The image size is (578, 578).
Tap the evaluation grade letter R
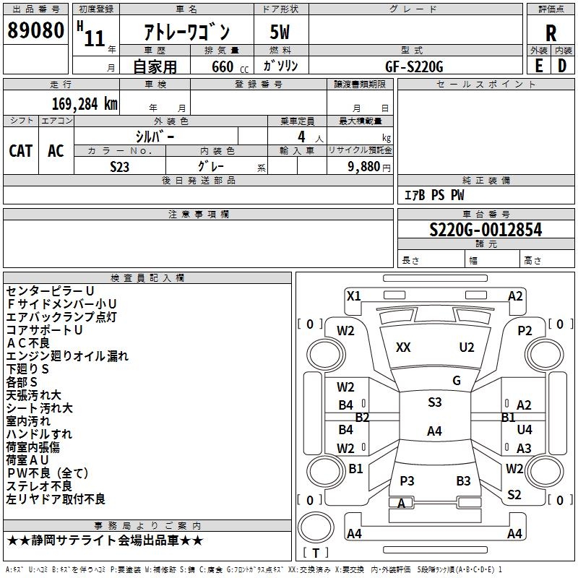click(x=551, y=33)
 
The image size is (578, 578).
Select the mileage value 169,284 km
click(x=85, y=103)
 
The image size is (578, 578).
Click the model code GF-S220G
click(x=414, y=66)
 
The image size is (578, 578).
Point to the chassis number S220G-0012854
click(x=486, y=230)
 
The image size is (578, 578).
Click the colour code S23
click(x=120, y=167)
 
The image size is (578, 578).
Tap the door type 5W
click(x=280, y=33)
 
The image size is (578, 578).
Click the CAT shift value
click(x=21, y=150)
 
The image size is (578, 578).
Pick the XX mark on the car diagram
click(x=403, y=348)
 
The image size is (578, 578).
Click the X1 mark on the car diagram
click(x=353, y=296)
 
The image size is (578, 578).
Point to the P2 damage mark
click(x=525, y=330)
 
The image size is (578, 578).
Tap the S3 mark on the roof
click(x=434, y=402)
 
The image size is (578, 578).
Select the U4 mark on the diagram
click(x=525, y=430)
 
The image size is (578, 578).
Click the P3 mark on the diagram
click(x=407, y=481)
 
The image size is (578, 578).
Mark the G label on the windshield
click(x=456, y=381)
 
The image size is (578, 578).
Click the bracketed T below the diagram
click(x=315, y=553)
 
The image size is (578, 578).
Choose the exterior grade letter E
click(x=538, y=66)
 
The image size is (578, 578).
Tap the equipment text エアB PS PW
click(x=434, y=195)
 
